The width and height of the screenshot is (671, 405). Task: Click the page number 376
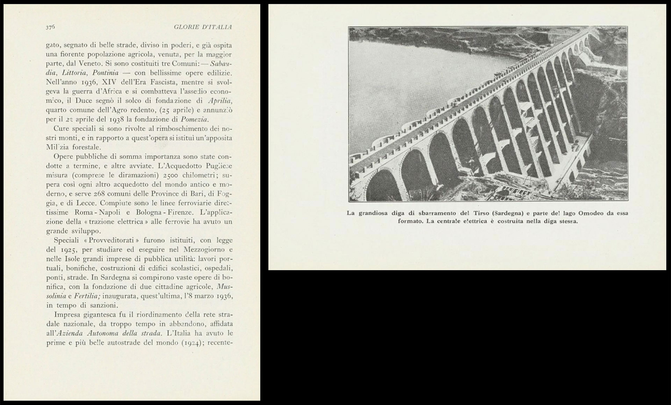coord(50,27)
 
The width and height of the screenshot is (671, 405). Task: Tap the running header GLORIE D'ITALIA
coord(203,27)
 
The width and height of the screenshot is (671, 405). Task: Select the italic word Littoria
coord(74,73)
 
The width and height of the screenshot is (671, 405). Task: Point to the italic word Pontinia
coord(105,73)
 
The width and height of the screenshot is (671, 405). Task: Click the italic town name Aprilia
coord(219,101)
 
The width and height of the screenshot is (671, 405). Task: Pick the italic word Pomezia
coord(194,119)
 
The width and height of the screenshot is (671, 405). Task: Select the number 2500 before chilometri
coord(171,175)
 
